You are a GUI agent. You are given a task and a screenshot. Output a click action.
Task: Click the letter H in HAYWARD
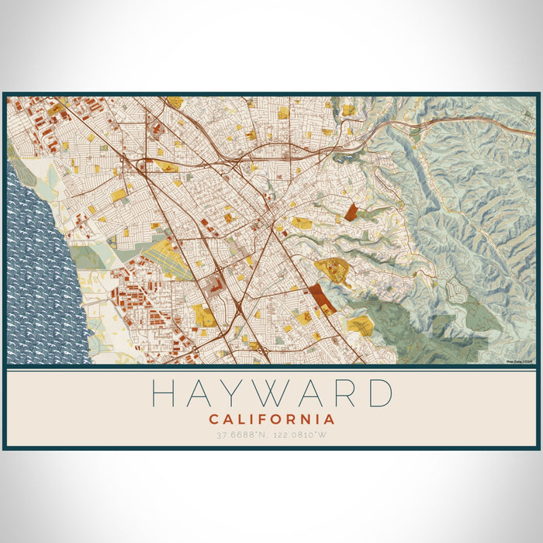click(x=164, y=393)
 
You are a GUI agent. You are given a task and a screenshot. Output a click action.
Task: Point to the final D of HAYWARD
click(x=379, y=393)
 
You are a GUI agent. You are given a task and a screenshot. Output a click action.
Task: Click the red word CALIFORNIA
click(x=271, y=419)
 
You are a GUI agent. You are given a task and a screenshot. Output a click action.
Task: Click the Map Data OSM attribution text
click(x=519, y=361)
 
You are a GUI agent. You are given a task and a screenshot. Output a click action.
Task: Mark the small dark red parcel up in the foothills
click(x=351, y=211)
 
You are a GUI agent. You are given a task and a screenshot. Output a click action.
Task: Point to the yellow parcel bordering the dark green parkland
click(x=359, y=324)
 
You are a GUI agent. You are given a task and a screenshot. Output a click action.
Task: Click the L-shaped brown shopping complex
click(x=218, y=288)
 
